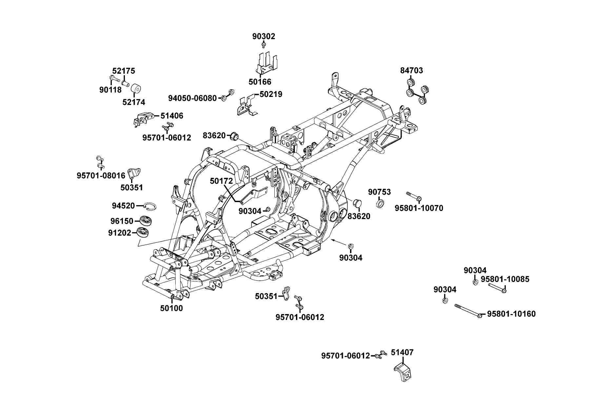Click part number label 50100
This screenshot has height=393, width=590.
[x=171, y=308]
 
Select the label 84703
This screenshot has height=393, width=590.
[x=411, y=70]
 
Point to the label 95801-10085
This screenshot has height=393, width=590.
[x=505, y=279]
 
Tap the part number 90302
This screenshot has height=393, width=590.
[x=264, y=36]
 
